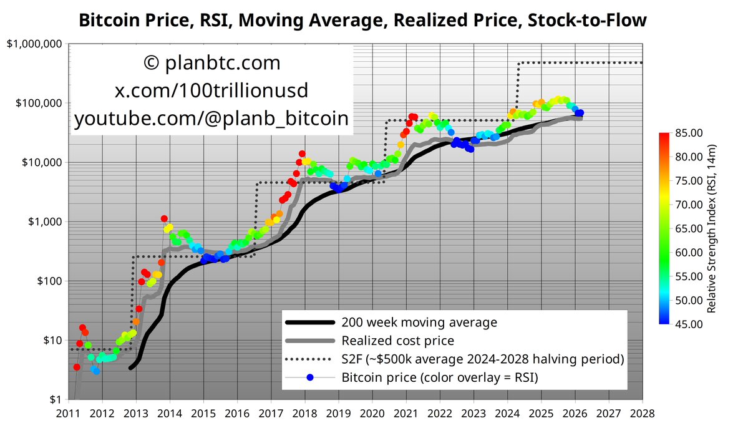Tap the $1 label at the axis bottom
click(x=55, y=400)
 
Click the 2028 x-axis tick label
click(x=643, y=414)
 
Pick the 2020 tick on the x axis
click(x=372, y=414)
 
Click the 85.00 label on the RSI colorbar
click(x=688, y=132)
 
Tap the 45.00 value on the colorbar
click(x=688, y=324)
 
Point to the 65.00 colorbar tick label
click(x=688, y=228)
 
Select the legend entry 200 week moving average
click(x=419, y=323)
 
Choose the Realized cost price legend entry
click(x=397, y=341)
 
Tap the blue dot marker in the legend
click(x=310, y=377)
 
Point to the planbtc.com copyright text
click(x=211, y=63)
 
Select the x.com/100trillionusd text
click(x=211, y=91)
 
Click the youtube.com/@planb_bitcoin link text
click(x=211, y=119)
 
